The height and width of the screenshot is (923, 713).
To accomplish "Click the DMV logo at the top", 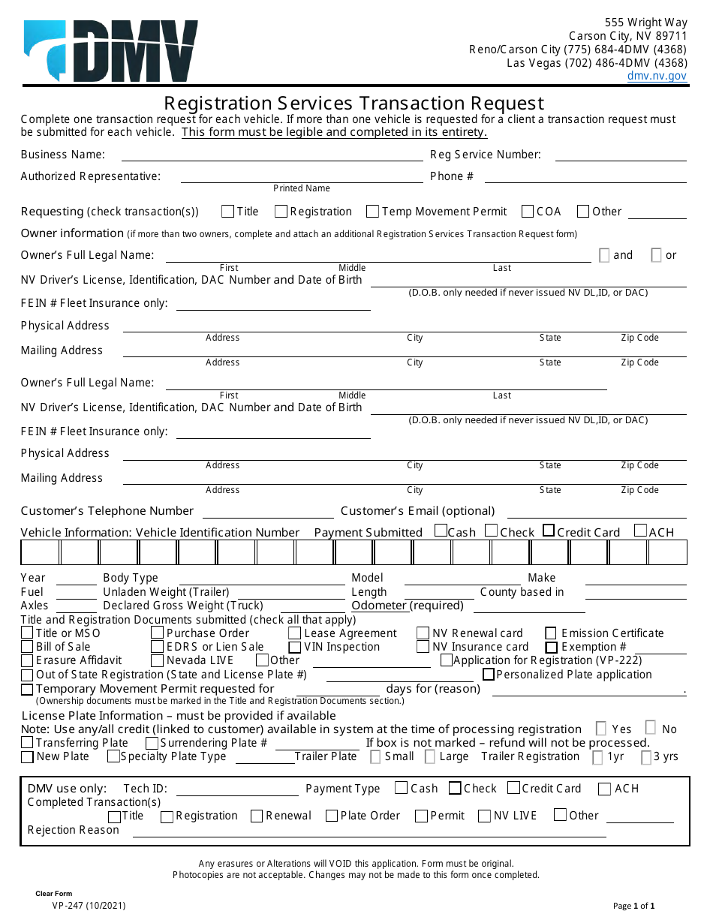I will coord(111,51).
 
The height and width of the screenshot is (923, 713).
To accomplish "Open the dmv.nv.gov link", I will coord(657,76).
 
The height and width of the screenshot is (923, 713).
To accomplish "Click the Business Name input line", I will coord(272,155).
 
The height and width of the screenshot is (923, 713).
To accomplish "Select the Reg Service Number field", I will coord(621,155).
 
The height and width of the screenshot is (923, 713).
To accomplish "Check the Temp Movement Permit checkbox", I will coord(372,212).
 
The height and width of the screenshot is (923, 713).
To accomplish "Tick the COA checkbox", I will coord(528,212).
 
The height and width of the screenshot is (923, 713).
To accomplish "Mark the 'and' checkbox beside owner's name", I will coord(604,255).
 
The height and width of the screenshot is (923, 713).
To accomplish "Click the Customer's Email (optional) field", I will coord(597,512).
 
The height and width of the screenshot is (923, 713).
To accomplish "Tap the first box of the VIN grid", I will coord(40,552).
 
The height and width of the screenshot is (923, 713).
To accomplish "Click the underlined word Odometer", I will coord(379,606).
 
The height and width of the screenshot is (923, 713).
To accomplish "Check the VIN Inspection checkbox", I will coord(295,648).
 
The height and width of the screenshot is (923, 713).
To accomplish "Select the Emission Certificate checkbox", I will coord(551,633).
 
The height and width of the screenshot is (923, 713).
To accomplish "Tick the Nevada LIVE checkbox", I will coord(157,661).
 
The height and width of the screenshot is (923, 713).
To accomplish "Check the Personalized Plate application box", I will coord(489,675).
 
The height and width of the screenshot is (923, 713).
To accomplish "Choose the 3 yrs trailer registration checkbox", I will coord(646,757).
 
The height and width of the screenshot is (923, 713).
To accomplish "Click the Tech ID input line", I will coord(236,789).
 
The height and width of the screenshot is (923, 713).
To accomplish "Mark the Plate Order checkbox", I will coord(332,816).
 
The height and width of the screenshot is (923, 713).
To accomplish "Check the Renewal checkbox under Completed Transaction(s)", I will coord(257,816).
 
